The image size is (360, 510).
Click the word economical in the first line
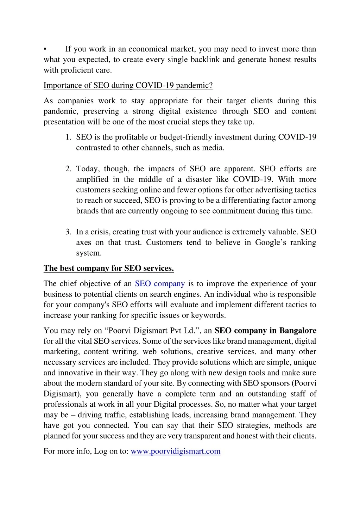click(x=148, y=49)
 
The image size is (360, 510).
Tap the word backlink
click(x=205, y=60)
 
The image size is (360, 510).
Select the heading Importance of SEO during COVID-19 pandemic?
click(x=128, y=85)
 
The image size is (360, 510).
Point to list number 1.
click(x=68, y=137)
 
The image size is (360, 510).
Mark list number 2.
click(x=68, y=169)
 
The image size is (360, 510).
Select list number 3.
click(x=68, y=232)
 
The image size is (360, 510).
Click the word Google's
click(x=270, y=242)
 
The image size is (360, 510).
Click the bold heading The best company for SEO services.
click(x=109, y=269)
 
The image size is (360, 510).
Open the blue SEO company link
click(x=160, y=284)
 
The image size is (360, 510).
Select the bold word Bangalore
click(x=298, y=331)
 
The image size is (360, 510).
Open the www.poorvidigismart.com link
click(x=175, y=451)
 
